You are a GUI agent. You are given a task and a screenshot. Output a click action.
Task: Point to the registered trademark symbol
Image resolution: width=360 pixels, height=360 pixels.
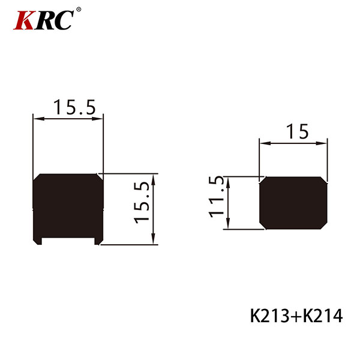click(x=79, y=10)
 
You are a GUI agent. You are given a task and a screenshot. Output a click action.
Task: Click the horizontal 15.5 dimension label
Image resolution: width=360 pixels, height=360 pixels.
click(x=74, y=107)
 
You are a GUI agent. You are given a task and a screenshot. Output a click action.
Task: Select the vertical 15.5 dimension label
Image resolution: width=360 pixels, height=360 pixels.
click(x=142, y=203)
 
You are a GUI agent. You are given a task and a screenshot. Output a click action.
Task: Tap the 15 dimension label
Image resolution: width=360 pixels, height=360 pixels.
click(x=298, y=131)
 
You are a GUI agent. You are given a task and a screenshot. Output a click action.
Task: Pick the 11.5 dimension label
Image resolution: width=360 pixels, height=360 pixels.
click(x=216, y=197)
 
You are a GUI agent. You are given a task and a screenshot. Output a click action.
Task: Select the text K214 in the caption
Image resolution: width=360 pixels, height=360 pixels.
click(x=323, y=316)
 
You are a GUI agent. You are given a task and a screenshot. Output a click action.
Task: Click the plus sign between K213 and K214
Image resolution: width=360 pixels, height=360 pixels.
click(x=296, y=317)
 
